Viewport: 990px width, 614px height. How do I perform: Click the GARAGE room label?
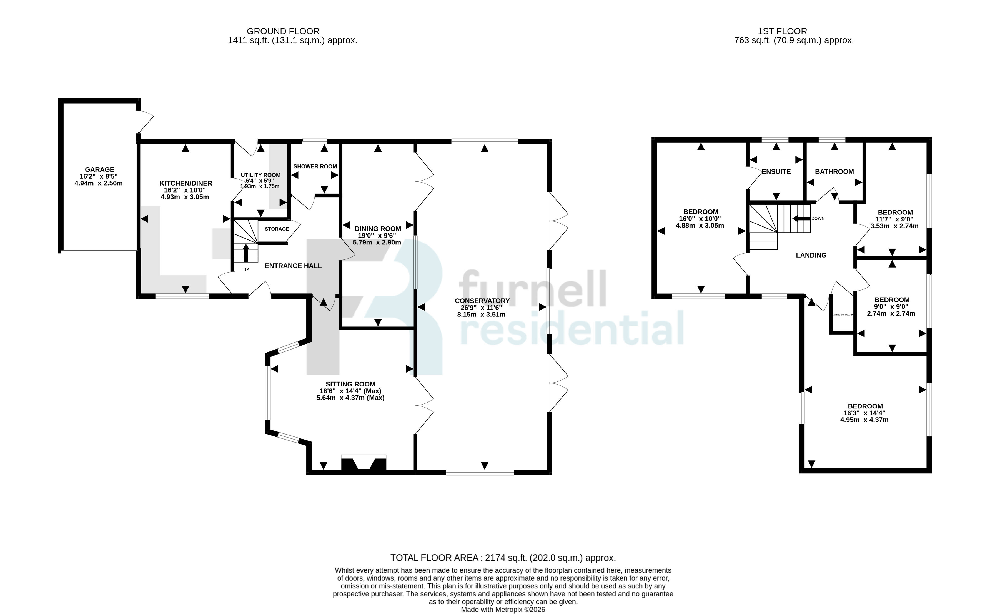[99, 170]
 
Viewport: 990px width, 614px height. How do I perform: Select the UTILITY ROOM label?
[260, 175]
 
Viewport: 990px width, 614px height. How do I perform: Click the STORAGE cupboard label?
[277, 229]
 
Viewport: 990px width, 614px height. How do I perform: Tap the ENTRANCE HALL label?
[293, 266]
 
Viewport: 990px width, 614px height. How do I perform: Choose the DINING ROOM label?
[378, 229]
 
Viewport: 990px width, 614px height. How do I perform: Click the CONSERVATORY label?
[482, 301]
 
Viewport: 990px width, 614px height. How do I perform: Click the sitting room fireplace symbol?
[364, 463]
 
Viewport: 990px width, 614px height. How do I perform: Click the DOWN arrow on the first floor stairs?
[802, 218]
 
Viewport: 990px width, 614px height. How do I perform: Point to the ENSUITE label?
[776, 172]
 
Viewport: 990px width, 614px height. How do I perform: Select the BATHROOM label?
[834, 172]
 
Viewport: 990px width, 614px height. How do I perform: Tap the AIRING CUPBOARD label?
[843, 315]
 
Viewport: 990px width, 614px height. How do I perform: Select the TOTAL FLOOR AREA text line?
[503, 558]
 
